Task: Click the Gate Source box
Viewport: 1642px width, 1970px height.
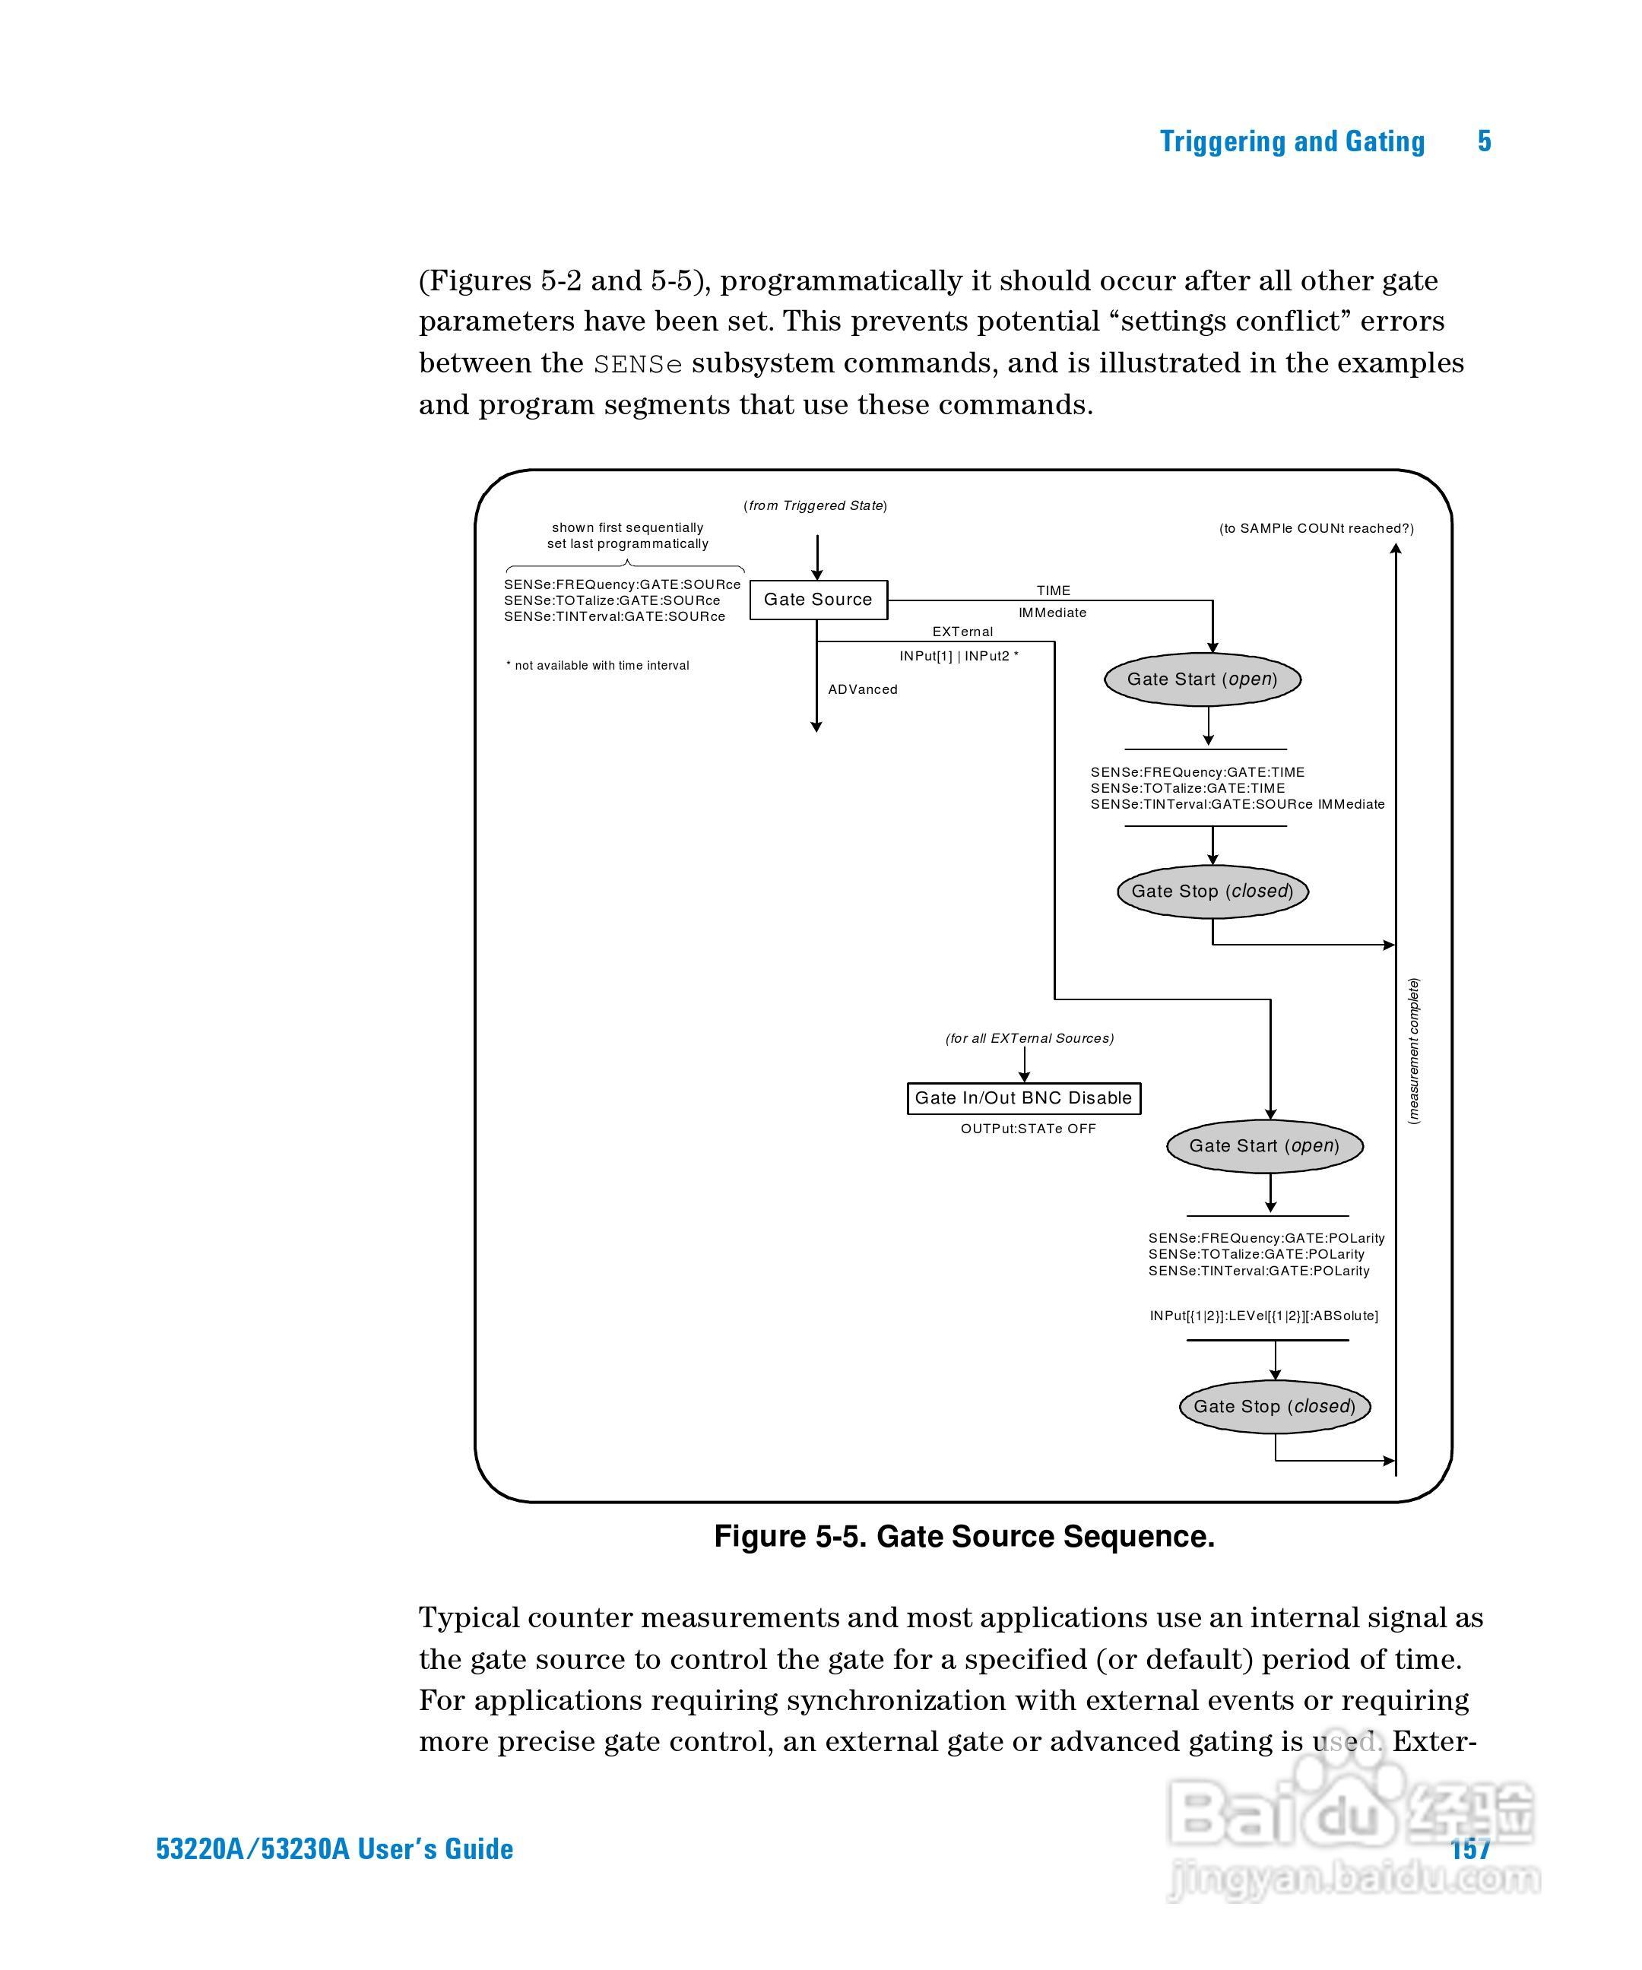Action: pos(818,600)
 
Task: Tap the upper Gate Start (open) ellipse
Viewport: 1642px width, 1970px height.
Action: pos(1202,679)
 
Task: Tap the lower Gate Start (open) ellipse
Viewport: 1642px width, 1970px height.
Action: pos(1264,1145)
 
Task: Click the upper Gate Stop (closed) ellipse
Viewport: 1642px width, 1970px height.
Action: pos(1212,892)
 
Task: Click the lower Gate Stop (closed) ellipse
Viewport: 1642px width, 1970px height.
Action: pos(1274,1406)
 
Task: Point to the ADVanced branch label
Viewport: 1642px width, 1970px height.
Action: pos(862,689)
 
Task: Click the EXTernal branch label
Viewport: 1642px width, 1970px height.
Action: pos(962,632)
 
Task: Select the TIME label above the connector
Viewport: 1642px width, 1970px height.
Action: pos(1053,590)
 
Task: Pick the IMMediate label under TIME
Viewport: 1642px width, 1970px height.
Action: pos(1052,613)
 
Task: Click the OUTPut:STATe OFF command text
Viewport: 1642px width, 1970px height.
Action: pos(1028,1129)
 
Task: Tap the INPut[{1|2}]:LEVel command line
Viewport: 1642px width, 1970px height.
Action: pos(1263,1315)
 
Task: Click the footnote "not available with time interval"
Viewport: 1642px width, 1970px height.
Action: pos(601,665)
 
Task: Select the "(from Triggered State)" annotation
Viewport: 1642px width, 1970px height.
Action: pos(816,505)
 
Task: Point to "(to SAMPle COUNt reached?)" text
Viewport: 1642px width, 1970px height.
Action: pos(1315,528)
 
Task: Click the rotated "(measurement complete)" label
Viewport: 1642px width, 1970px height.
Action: pos(1414,1050)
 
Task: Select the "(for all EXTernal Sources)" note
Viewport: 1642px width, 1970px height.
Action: pos(1029,1037)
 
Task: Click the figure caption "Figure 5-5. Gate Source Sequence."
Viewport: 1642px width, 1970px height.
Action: pos(964,1537)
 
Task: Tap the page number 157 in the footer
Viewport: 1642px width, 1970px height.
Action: pos(1469,1848)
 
